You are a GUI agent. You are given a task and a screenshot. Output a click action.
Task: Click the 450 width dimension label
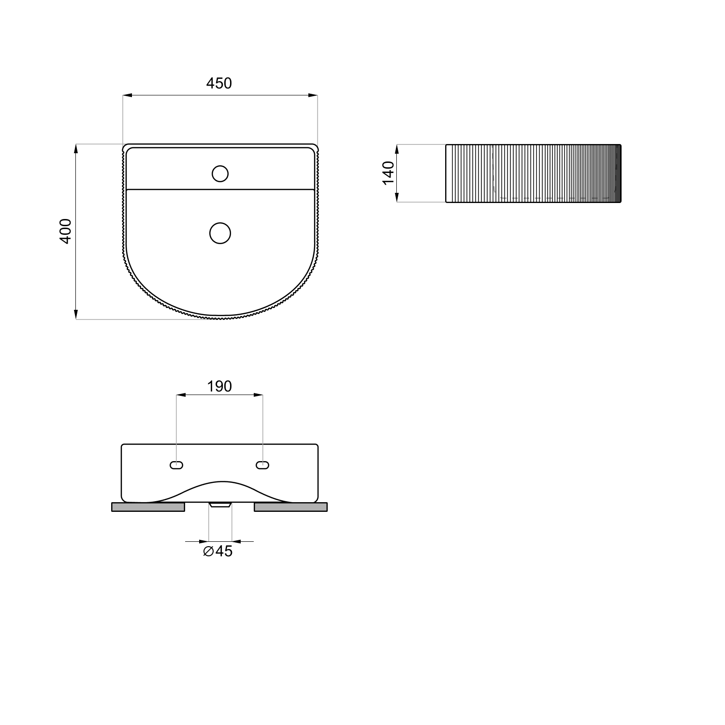click(x=219, y=84)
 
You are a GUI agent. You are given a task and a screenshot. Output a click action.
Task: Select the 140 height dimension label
click(x=388, y=173)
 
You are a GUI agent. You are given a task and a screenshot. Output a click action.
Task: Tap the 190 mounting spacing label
click(x=219, y=386)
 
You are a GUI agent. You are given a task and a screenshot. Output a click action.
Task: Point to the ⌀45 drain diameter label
click(x=218, y=551)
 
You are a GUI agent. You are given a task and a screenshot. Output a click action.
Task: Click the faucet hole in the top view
click(x=220, y=174)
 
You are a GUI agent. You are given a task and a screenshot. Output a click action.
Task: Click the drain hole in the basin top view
click(x=220, y=233)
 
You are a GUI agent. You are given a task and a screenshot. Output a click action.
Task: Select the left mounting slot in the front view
click(x=176, y=465)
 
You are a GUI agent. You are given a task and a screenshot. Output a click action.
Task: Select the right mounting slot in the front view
click(x=262, y=465)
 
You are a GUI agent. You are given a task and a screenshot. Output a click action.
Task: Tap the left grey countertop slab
click(x=148, y=507)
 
